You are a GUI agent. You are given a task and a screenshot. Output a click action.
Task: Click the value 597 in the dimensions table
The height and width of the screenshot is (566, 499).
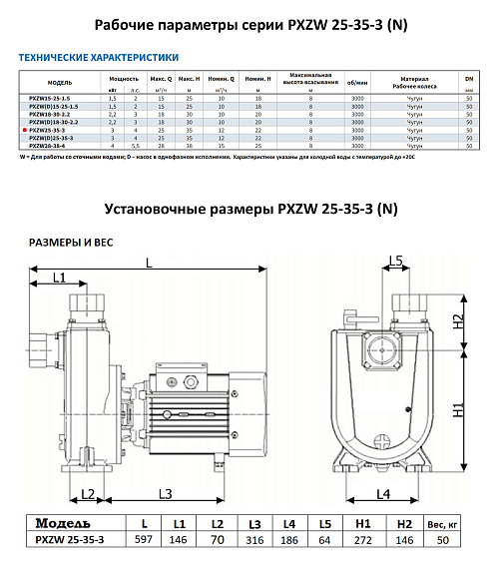[x=148, y=539]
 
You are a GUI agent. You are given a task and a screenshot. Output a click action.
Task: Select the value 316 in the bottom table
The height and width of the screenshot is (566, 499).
[x=254, y=539]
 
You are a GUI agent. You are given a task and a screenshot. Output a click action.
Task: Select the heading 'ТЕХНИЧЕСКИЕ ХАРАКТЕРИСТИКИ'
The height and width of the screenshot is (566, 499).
[x=97, y=58]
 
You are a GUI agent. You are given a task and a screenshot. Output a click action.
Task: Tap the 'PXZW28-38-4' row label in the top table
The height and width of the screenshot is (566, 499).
[x=52, y=144]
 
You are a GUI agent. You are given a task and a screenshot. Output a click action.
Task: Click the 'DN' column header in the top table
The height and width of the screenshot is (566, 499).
[x=471, y=75]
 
